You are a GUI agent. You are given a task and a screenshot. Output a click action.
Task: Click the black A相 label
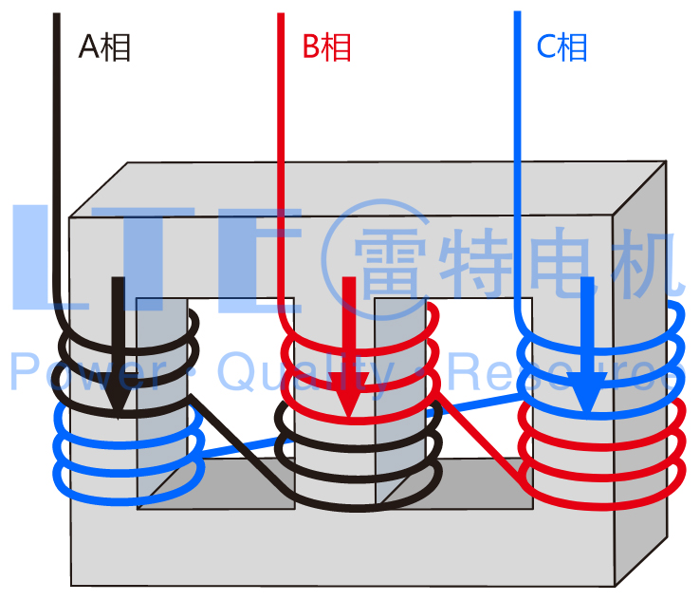tap(104, 47)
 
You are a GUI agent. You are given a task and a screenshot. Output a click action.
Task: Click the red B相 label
tap(327, 47)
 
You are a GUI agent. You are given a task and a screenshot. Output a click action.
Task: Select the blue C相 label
tap(562, 47)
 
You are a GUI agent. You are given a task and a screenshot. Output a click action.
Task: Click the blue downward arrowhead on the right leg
tap(587, 392)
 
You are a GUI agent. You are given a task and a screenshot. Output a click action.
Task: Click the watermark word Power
tap(88, 372)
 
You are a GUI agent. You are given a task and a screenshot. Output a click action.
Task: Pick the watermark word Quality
tap(306, 374)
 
